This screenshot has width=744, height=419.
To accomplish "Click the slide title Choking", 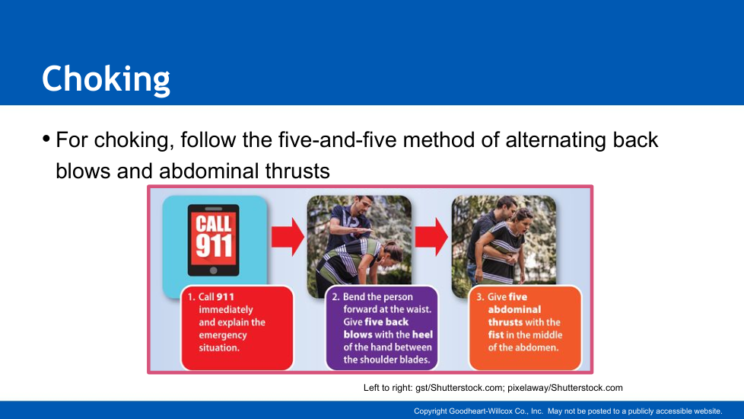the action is [x=106, y=79].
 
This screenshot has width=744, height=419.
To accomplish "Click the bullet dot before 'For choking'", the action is [x=46, y=139].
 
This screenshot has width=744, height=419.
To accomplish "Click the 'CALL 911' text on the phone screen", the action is [x=214, y=236].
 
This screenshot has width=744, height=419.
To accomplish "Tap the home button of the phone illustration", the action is [x=214, y=270].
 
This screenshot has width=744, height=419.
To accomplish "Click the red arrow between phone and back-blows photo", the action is [x=288, y=237].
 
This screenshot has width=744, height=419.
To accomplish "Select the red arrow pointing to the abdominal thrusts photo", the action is [x=431, y=237].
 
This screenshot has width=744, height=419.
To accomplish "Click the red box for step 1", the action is [x=237, y=328].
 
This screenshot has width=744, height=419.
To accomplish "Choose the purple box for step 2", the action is [x=381, y=328].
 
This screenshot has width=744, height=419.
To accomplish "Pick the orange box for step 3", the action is [x=525, y=328].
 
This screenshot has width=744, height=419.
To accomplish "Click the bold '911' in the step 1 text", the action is [x=225, y=297].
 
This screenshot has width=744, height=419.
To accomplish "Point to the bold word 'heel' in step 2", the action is [x=422, y=334].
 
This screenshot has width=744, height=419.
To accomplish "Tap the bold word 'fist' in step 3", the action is [x=496, y=335].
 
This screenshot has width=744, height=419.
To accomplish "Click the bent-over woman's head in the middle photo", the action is [x=392, y=255].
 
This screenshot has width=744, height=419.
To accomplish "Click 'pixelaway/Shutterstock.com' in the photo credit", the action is [x=565, y=388].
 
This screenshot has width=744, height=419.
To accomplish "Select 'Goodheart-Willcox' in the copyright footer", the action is [x=480, y=411].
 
